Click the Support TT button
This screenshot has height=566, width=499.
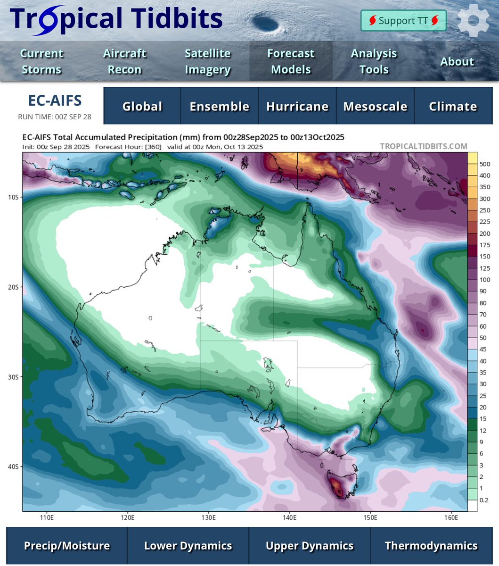point(403,21)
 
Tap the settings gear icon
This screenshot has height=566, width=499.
point(473,21)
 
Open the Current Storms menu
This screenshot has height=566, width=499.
point(41,61)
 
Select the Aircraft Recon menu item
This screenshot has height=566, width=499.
point(124,61)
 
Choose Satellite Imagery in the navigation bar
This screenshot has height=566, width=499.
point(208,61)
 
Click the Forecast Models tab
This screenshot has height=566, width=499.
point(291,61)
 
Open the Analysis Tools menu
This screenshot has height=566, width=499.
point(374,61)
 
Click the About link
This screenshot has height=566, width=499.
point(457,61)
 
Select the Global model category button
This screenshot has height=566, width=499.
point(142,107)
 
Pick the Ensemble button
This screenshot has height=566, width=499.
point(220,107)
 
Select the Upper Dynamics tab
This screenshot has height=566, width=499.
point(310,546)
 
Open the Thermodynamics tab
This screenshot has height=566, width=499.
point(431,546)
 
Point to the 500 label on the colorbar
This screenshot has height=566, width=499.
point(485,164)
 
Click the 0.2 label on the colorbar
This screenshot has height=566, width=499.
point(484,500)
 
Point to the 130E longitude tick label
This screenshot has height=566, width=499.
point(209,518)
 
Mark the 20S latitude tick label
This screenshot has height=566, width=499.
point(14,287)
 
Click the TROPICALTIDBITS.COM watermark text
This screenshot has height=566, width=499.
point(424,146)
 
